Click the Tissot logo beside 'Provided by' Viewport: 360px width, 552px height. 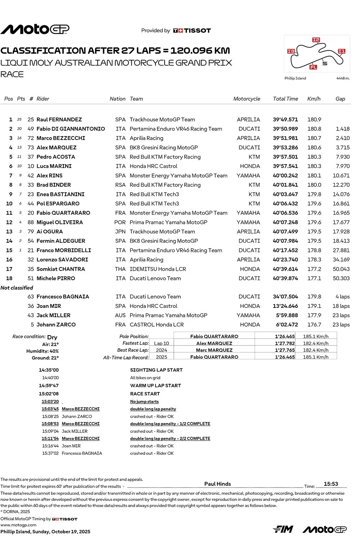click(192, 31)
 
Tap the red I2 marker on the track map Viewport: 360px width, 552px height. click(316, 40)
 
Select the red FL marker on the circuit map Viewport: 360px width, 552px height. click(313, 67)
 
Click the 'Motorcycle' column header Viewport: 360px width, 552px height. click(247, 99)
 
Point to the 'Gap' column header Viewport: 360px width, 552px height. click(340, 99)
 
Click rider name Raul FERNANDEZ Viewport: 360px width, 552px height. click(59, 120)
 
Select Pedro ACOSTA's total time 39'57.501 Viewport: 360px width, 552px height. click(285, 157)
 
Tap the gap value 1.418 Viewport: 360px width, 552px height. click(342, 129)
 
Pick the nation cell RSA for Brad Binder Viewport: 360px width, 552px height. click(120, 185)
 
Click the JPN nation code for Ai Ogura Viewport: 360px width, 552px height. click(120, 232)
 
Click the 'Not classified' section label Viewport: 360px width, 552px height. click(17, 288)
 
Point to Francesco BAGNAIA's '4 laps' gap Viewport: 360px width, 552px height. click(342, 297)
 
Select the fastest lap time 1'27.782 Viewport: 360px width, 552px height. click(285, 344)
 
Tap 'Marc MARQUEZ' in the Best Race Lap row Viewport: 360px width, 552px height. click(214, 350)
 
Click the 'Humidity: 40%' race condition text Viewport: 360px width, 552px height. click(42, 351)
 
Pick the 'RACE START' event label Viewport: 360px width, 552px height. click(145, 394)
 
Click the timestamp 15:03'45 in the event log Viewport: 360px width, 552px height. click(50, 409)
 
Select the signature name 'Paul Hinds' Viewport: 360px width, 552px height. click(217, 484)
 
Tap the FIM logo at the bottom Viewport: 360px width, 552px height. click(283, 529)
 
